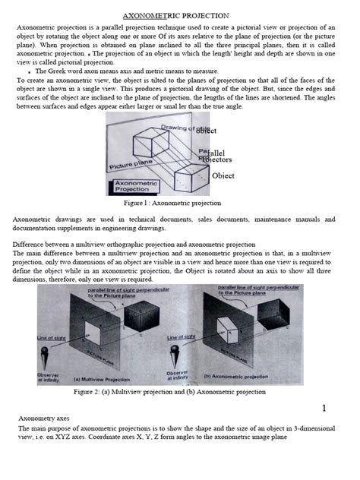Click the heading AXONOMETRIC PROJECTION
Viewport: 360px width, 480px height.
click(x=181, y=16)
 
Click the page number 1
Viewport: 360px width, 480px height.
click(x=324, y=409)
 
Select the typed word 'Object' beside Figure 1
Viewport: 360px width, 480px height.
click(x=223, y=175)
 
